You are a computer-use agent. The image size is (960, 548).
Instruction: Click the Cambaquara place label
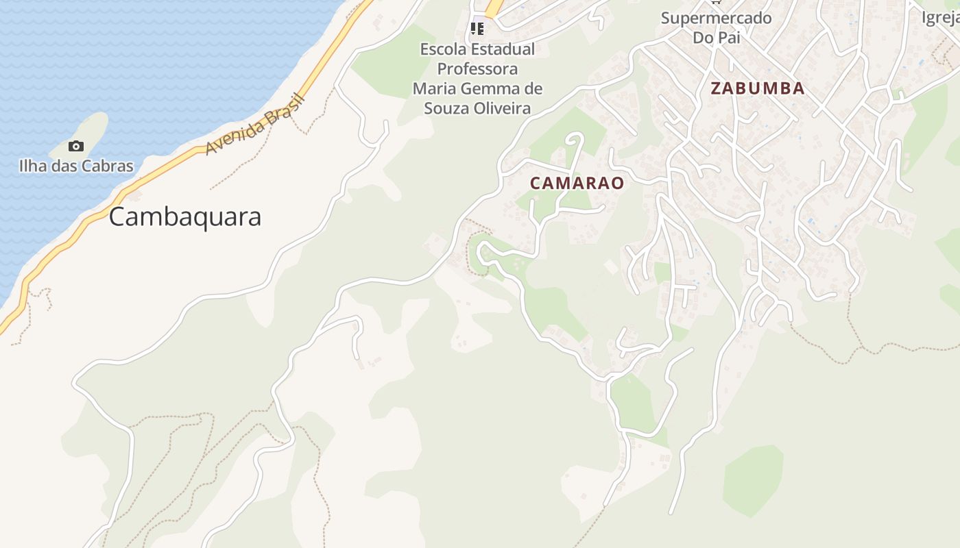coord(185,216)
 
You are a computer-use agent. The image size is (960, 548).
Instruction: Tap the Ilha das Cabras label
coord(76,166)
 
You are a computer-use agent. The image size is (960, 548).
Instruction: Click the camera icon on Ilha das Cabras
coord(76,146)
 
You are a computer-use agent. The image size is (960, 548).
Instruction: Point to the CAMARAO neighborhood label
coord(577,183)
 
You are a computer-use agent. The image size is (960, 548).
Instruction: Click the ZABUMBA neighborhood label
coord(757,88)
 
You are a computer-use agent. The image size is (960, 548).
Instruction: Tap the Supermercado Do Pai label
coord(716,27)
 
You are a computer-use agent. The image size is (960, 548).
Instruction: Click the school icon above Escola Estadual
coord(477,29)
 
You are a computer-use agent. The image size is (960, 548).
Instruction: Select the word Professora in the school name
coord(477,69)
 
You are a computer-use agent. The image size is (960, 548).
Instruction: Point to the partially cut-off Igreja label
coord(940,18)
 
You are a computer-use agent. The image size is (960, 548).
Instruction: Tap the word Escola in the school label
coord(444,49)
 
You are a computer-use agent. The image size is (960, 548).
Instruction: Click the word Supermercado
coord(716,18)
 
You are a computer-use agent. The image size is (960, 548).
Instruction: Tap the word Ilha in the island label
coord(31,166)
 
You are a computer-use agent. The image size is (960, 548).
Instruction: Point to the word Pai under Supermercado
coord(728,38)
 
